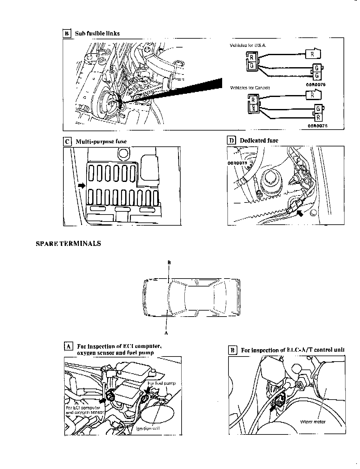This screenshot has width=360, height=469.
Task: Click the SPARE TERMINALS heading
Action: pos(68,244)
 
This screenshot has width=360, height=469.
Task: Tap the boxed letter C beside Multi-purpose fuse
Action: pos(67,141)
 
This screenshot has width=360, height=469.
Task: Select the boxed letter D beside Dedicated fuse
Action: pos(231,140)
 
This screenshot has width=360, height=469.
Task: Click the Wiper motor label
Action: pos(313,422)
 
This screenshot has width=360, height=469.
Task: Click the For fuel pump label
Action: pos(161,383)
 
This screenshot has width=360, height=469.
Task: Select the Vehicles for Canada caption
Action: pos(250,88)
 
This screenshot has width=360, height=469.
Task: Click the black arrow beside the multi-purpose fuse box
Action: pos(81,185)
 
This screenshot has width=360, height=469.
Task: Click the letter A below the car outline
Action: pos(166,333)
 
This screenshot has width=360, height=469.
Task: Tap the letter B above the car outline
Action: pos(169,262)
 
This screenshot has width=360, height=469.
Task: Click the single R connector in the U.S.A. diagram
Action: pos(312,54)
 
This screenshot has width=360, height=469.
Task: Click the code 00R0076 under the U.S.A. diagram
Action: pos(316,85)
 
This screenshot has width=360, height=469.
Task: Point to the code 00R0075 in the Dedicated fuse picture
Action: pos(237,163)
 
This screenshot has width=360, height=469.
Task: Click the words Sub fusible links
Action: pos(97,33)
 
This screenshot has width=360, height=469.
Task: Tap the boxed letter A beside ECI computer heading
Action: pos(68,346)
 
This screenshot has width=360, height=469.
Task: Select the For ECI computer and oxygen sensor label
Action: pos(85,410)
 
